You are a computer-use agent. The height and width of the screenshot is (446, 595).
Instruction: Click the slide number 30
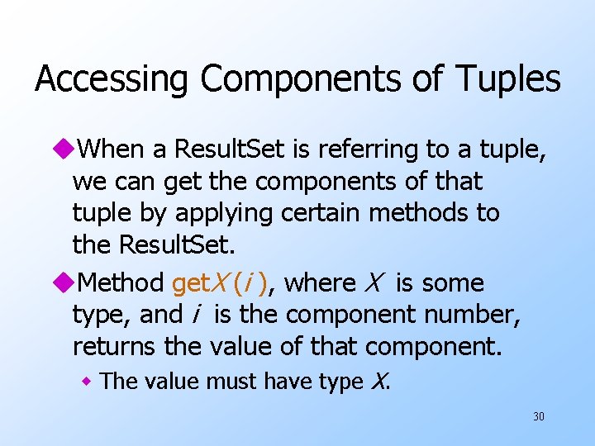[x=539, y=417]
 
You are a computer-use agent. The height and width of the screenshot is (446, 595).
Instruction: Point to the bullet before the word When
[x=64, y=149]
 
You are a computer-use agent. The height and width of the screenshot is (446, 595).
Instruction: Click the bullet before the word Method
[x=64, y=283]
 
